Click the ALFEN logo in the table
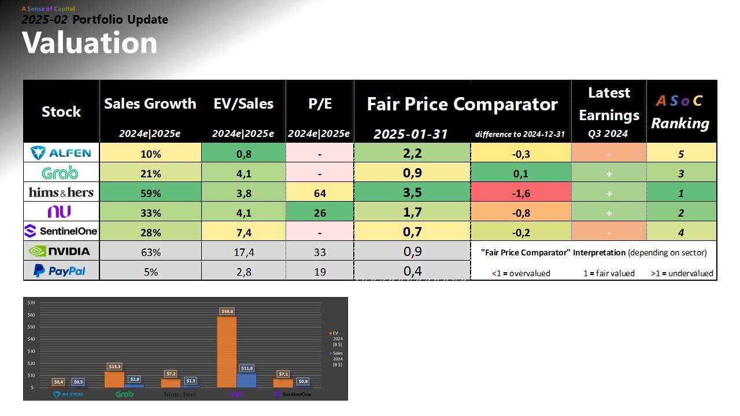pos(61,153)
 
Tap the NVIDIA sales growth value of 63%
pos(150,251)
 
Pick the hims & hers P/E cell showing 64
pos(320,192)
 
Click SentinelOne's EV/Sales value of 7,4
pos(243,232)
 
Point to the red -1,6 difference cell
pos(521,192)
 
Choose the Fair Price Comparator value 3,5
pos(412,192)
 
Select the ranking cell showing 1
pos(681,192)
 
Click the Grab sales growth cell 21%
pos(150,173)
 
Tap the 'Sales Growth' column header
pos(150,104)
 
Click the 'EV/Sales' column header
pos(243,104)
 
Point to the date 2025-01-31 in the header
pos(411,134)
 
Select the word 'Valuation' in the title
pos(90,43)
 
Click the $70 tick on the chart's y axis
pos(31,303)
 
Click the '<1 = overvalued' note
pos(521,273)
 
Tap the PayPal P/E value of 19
pos(320,271)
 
